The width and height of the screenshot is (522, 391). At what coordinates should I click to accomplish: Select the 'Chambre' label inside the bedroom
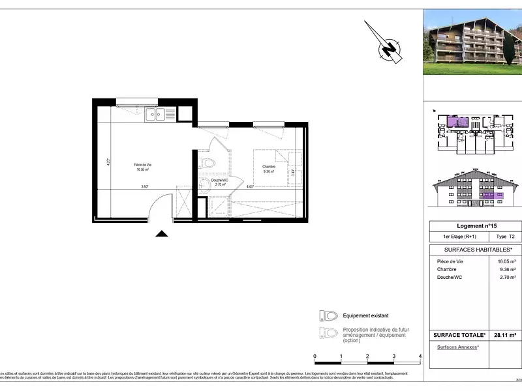(x=269, y=167)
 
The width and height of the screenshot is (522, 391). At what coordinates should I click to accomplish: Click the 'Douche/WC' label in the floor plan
(x=219, y=182)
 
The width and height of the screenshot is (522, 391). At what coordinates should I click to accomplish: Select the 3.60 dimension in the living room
(x=144, y=187)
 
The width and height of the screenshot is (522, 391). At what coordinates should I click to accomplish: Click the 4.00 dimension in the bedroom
(x=250, y=187)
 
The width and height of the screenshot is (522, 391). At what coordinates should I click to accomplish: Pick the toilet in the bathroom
(x=207, y=163)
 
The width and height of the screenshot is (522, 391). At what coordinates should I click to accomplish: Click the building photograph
(x=472, y=42)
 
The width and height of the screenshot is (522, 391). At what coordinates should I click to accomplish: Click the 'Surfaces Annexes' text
(x=457, y=347)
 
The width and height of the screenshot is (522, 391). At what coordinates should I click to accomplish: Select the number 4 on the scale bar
(x=420, y=356)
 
